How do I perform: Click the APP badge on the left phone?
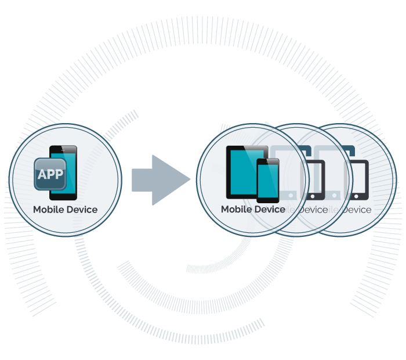(50, 174)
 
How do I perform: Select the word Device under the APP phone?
(82, 210)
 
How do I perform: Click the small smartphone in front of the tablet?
(269, 181)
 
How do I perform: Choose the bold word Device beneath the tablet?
(270, 210)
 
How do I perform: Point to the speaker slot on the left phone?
(63, 149)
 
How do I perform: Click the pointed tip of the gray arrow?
(193, 179)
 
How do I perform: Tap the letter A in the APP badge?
(42, 174)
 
